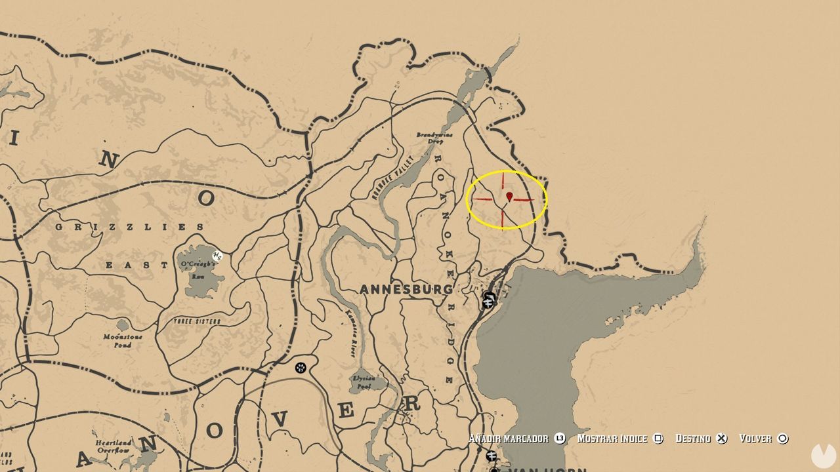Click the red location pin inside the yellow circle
pyautogui.click(x=509, y=196)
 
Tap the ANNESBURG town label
pyautogui.click(x=406, y=289)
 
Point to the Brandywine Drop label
pyautogui.click(x=434, y=138)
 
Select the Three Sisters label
pyautogui.click(x=197, y=321)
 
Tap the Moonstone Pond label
pyautogui.click(x=123, y=340)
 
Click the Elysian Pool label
pyautogui.click(x=364, y=382)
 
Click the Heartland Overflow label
pyautogui.click(x=113, y=446)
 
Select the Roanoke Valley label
pyautogui.click(x=394, y=176)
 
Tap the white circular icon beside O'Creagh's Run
pyautogui.click(x=217, y=255)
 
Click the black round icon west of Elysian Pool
pyautogui.click(x=301, y=368)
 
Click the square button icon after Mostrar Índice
pyautogui.click(x=658, y=439)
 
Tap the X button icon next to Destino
pyautogui.click(x=721, y=439)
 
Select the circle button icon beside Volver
pyautogui.click(x=782, y=439)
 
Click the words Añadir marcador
pyautogui.click(x=509, y=439)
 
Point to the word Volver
pyautogui.click(x=755, y=439)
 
